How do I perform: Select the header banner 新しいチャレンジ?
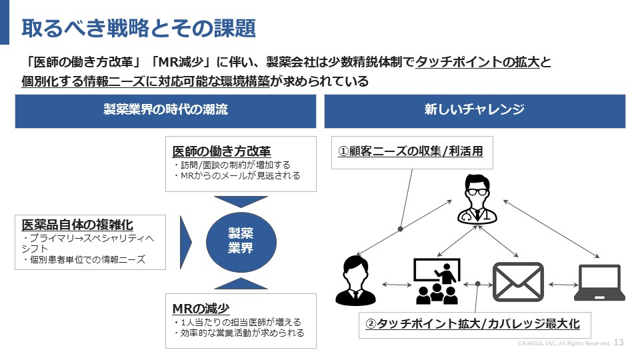474,110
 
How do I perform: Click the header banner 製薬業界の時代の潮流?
165,110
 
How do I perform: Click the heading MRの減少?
201,309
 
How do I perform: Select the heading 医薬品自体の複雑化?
77,224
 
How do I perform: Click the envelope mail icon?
518,282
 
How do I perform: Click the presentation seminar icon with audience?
437,281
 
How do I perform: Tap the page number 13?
618,342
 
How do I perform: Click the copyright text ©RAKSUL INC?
564,343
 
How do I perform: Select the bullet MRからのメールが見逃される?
237,176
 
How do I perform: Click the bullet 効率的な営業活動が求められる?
238,333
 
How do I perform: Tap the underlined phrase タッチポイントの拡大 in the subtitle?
477,63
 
